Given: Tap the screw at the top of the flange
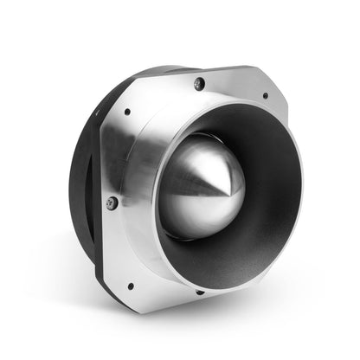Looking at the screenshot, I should (x=199, y=83).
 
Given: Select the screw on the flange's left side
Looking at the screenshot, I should (x=112, y=202).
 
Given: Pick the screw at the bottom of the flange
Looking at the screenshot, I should (x=200, y=292).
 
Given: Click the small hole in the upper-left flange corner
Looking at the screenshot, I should (x=127, y=112).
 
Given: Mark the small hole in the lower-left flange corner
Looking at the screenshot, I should (x=131, y=285).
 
